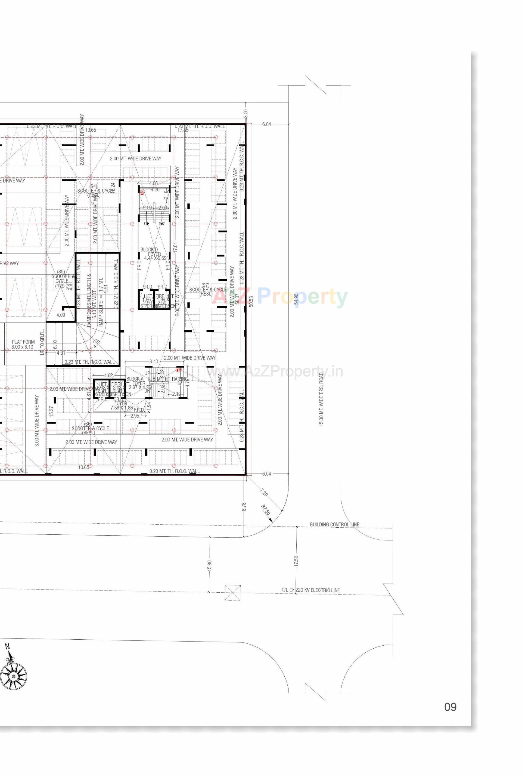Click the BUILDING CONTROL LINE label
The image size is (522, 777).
point(335,525)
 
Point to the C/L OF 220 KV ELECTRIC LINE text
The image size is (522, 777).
point(310,590)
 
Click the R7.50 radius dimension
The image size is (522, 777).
point(265,510)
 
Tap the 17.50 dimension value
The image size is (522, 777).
point(296,561)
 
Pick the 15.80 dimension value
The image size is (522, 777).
point(209,565)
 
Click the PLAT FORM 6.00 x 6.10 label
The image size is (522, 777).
point(23,344)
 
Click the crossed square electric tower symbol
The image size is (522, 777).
point(232,593)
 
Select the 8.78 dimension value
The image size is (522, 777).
point(244,507)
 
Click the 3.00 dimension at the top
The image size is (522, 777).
point(246,113)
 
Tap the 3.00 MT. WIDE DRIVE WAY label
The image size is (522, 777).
point(37,421)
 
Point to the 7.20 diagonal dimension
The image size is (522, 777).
point(264,492)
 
